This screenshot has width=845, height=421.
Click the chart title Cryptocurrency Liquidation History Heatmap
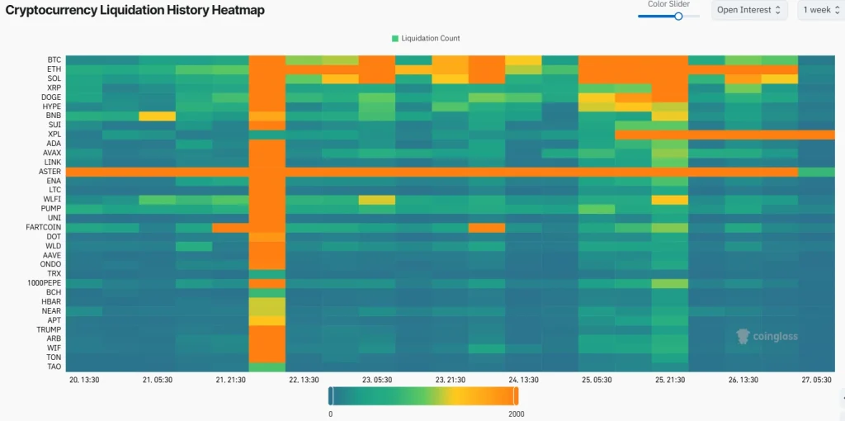pyautogui.click(x=135, y=10)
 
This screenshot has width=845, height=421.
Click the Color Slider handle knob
pyautogui.click(x=678, y=16)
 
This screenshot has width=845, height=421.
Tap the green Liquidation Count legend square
pyautogui.click(x=395, y=38)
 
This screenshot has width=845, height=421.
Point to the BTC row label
pyautogui.click(x=54, y=60)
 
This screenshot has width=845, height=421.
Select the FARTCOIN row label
pyautogui.click(x=45, y=227)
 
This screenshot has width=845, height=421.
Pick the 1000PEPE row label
pyautogui.click(x=45, y=283)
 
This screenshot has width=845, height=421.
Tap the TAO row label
pyautogui.click(x=54, y=367)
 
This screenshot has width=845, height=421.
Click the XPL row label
pyautogui.click(x=54, y=134)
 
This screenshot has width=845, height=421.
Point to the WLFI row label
pyautogui.click(x=53, y=199)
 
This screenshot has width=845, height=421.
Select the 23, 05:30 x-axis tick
pyautogui.click(x=377, y=381)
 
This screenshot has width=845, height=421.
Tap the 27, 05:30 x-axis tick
pyautogui.click(x=817, y=381)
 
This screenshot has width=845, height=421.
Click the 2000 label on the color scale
pyautogui.click(x=517, y=414)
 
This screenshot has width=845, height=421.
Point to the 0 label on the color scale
pyautogui.click(x=330, y=414)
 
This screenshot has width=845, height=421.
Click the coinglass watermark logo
pyautogui.click(x=767, y=336)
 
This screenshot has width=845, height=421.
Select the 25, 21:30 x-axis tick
pyautogui.click(x=670, y=381)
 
